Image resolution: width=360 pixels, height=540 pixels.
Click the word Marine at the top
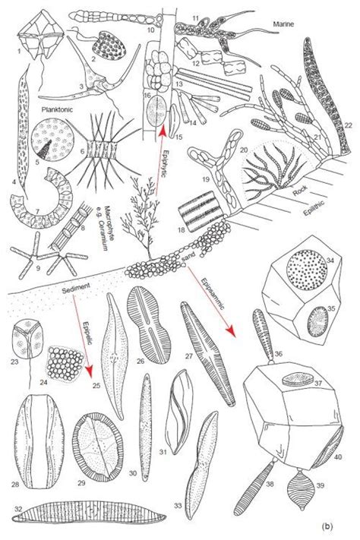[x=287, y=25]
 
